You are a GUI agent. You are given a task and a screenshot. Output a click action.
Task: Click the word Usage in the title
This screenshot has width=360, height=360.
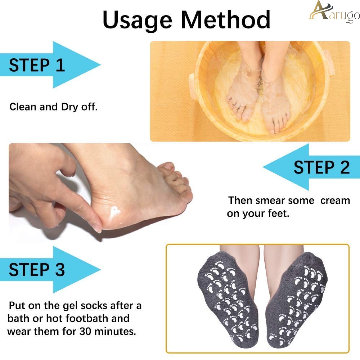pos(137,21)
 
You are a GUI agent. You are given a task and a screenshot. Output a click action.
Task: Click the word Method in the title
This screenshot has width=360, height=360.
pos(225,20)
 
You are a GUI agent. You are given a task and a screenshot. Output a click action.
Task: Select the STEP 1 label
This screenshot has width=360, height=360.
pos(37,65)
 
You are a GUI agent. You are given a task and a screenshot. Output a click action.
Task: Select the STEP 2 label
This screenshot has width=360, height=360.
pos(322,167)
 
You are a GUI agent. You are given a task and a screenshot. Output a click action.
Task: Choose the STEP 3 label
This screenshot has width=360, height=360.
pos(37,270)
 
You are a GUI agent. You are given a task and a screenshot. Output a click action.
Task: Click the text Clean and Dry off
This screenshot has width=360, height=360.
pos(54,107)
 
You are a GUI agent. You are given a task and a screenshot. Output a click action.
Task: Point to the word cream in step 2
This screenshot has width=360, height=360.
pos(335,201)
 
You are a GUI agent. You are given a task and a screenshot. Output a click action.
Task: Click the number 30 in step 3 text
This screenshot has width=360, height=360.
pos(85,331)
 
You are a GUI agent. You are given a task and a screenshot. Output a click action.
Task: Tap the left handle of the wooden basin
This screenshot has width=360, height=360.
pos(193,86)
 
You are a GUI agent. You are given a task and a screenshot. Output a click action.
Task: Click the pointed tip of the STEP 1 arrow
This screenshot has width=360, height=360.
pos(100,64)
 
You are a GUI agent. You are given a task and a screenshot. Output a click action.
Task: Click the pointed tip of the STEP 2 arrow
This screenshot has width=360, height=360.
pos(263,167)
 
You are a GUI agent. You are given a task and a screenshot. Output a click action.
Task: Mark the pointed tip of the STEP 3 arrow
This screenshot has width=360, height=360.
pos(100,270)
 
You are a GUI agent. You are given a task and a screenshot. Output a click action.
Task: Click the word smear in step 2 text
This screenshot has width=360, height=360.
pos(270,201)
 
